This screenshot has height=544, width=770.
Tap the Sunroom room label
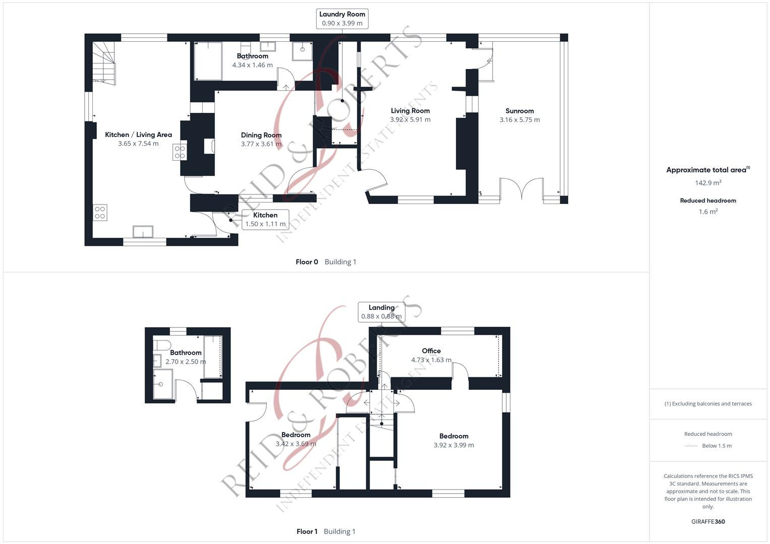pos(519,111)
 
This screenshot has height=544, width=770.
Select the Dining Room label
pos(261,135)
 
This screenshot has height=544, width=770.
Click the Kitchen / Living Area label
pos(138,134)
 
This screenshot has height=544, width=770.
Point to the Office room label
pos(431,351)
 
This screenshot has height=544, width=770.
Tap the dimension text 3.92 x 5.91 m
pos(410,120)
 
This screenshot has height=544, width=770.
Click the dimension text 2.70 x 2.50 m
pos(186,362)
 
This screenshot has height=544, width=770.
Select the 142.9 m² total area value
pos(708,183)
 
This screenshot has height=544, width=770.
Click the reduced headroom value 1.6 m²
pos(708,212)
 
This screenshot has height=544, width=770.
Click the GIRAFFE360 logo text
pos(708,521)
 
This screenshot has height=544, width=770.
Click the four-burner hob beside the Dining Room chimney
pos(180,152)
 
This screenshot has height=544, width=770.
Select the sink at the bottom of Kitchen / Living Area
pos(143,231)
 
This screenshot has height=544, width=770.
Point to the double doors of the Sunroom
pos(522,190)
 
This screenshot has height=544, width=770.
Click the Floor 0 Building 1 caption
pos(326,262)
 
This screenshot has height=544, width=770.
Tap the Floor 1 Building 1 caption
pos(326,531)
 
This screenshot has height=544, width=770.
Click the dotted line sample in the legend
pos(691,446)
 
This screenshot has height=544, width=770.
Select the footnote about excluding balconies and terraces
pos(708,403)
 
